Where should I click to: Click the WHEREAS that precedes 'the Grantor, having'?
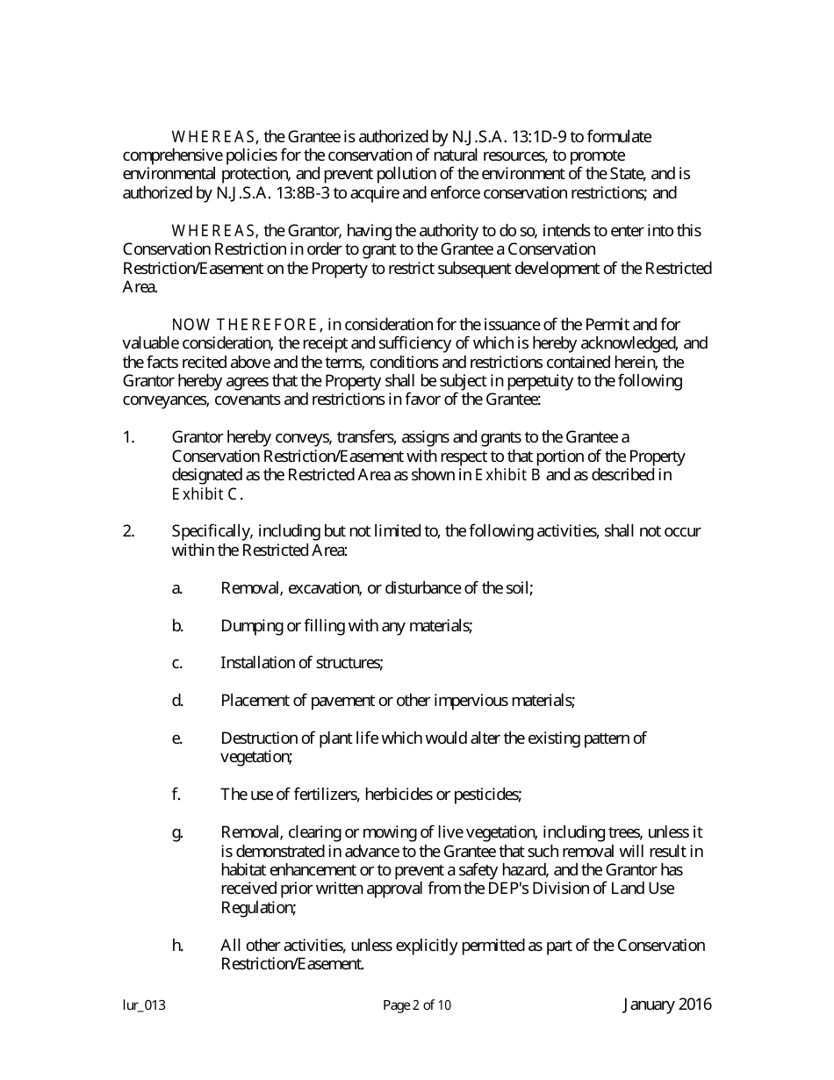[213, 231]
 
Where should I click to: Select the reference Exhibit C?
[205, 494]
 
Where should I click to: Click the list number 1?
[128, 437]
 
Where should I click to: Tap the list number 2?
[128, 531]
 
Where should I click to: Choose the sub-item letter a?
[176, 588]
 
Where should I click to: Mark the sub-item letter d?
[177, 701]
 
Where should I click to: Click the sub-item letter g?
[177, 832]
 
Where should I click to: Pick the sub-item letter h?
[177, 946]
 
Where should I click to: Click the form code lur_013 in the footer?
[144, 1006]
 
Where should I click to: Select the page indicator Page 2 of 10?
[417, 1006]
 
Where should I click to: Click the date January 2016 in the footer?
[667, 1005]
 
